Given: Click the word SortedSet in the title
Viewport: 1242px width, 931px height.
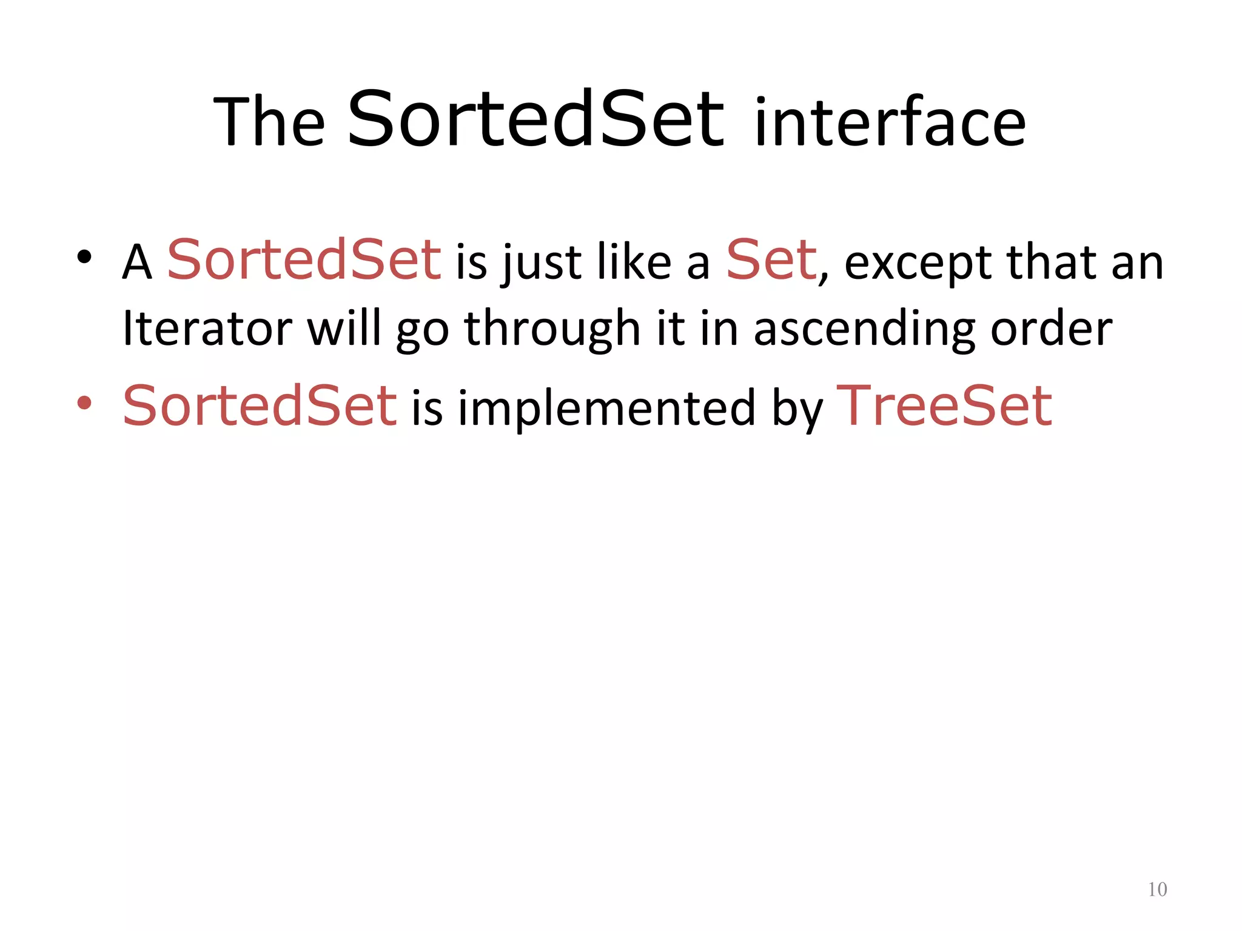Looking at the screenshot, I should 535,119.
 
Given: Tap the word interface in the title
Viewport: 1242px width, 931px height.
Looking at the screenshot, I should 890,123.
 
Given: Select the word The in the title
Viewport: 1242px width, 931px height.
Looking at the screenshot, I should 269,123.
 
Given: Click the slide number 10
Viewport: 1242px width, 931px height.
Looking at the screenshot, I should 1157,889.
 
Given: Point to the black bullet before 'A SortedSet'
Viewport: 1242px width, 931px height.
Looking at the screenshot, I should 84,258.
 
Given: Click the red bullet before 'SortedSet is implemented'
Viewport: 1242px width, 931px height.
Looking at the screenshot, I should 84,402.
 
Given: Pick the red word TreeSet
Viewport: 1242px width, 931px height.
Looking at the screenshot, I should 944,405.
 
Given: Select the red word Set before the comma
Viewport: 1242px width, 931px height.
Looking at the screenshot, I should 771,260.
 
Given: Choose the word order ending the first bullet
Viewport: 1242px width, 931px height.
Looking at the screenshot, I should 1051,328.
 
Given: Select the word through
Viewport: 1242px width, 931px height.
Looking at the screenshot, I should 552,329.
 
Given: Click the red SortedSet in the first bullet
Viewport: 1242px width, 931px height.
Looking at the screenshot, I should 304,260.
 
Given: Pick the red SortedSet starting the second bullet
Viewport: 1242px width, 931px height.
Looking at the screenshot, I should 260,405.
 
